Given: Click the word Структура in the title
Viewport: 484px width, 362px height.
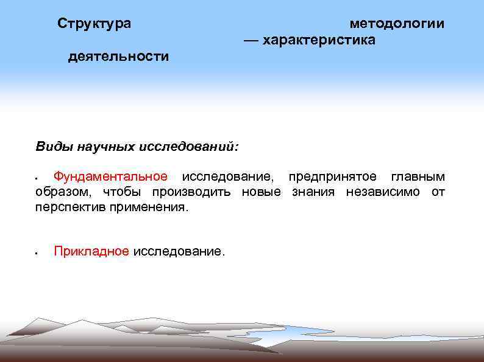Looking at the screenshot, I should pos(94,24).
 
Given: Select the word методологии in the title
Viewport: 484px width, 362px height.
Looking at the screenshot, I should pos(397,24).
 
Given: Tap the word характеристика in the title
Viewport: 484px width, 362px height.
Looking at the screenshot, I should pos(319,40).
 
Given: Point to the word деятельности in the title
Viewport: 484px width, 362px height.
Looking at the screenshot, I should pos(118,57).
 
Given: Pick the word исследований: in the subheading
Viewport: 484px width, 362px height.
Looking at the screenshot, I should pos(189,147).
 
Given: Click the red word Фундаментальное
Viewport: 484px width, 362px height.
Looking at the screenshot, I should pos(110,176).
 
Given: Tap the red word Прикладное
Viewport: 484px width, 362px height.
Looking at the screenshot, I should pos(91,251).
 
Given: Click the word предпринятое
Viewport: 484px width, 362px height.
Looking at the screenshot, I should pos(335,176).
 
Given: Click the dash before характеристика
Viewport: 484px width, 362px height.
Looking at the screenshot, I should pos(251,40).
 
